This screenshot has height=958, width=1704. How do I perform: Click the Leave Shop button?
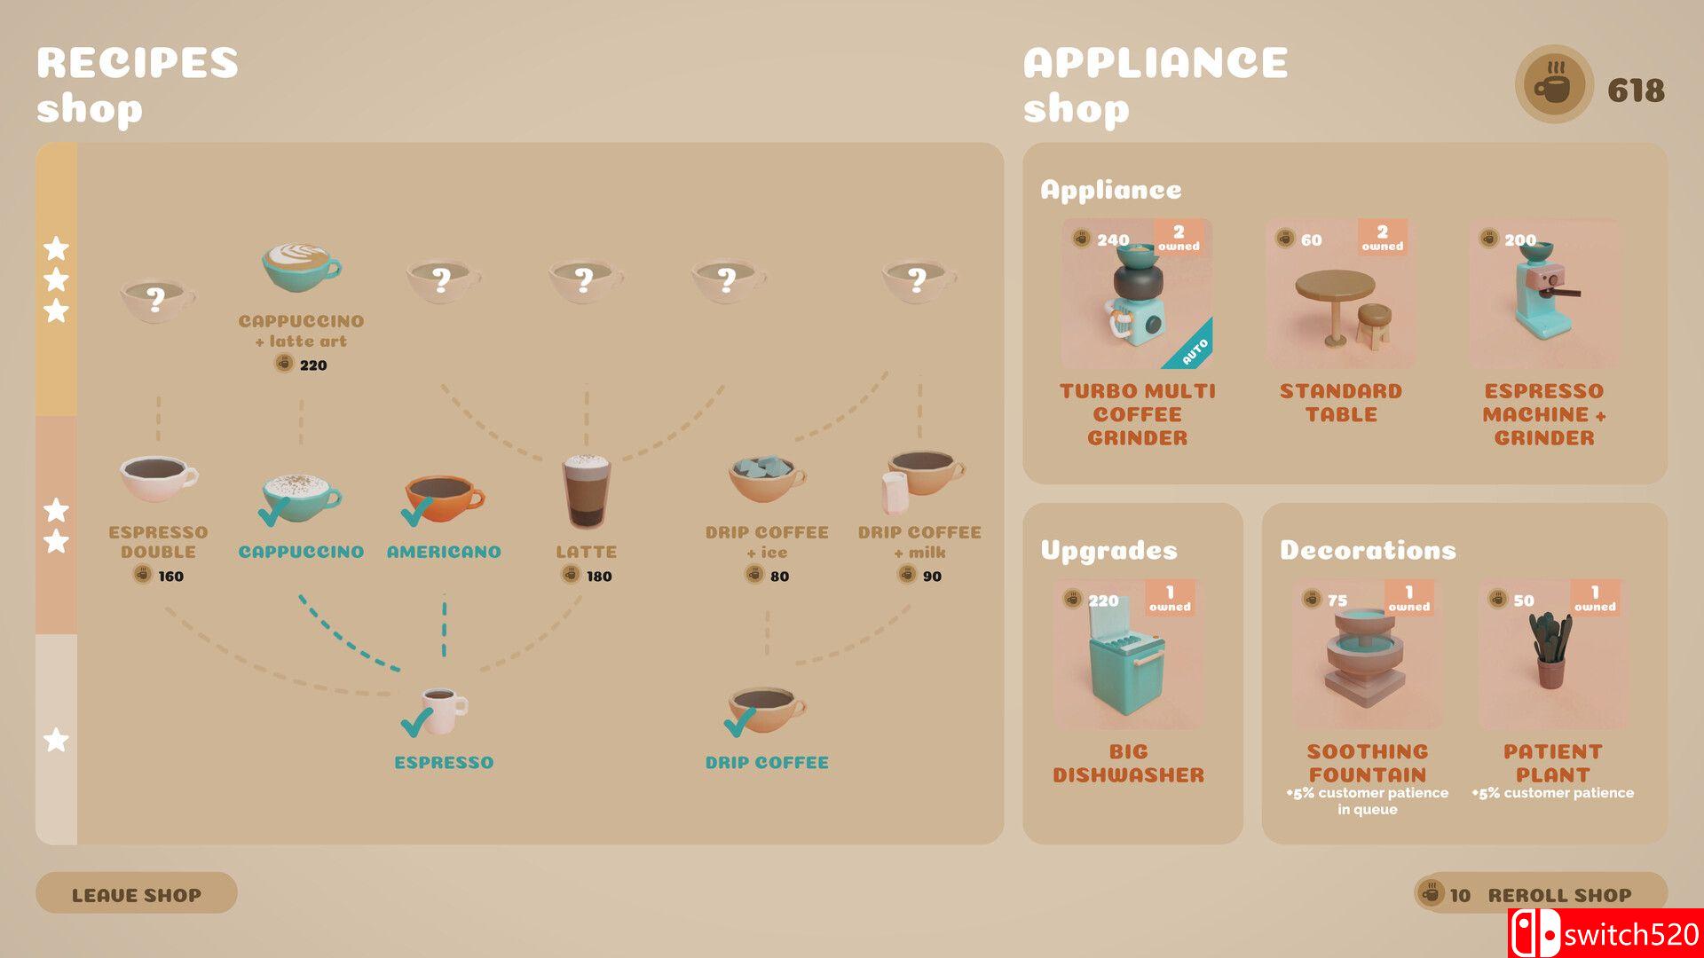(x=136, y=893)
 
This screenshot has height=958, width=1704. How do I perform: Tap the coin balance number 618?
(x=1636, y=90)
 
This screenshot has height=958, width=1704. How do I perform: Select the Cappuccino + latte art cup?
(x=301, y=267)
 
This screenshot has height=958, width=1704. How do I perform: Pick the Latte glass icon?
(x=586, y=491)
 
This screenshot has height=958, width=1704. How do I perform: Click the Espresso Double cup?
(x=158, y=479)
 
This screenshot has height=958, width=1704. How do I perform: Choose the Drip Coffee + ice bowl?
(x=767, y=478)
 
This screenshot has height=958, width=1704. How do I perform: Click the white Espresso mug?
(x=444, y=711)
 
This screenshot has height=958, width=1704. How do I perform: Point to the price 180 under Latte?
(x=599, y=577)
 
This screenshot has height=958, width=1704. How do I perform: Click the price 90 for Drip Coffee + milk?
(x=932, y=577)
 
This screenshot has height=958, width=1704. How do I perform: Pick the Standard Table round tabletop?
(x=1335, y=287)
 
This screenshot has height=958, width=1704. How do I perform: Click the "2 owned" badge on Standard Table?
(x=1382, y=238)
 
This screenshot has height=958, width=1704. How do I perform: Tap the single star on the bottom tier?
(x=56, y=740)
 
